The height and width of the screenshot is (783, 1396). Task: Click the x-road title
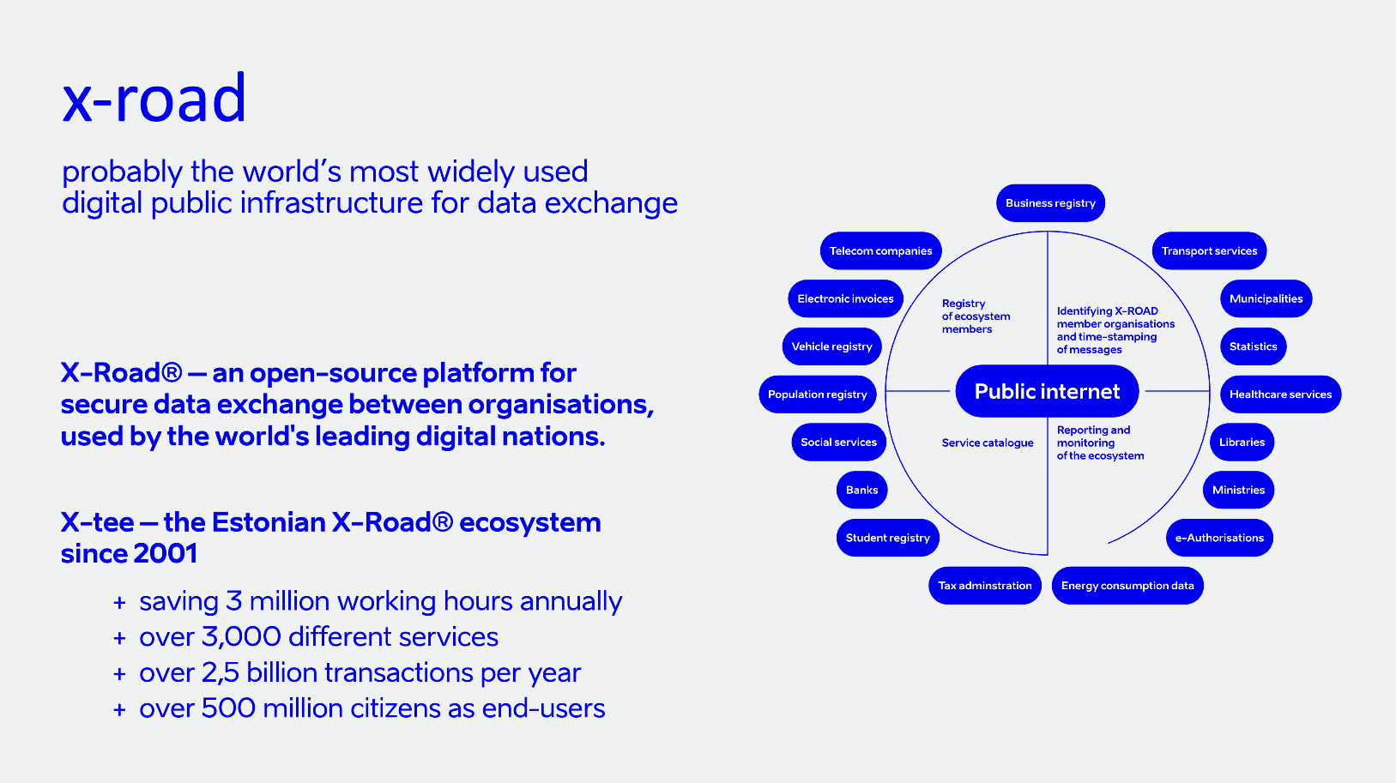pos(154,99)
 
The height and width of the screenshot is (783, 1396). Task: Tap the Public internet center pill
pos(1047,391)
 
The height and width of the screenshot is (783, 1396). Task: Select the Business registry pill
pos(1050,203)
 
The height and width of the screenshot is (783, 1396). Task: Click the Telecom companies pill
pos(880,251)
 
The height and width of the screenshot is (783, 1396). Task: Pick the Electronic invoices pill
pos(845,298)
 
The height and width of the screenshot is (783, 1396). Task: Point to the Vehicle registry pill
pos(831,346)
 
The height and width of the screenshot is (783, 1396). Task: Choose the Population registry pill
pos(817,395)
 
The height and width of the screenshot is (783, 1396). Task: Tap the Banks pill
pos(861,490)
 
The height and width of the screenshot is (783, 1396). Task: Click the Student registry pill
pos(887,538)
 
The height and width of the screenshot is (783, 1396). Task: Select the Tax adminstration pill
pos(984,586)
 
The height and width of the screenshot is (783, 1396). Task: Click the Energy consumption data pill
pos(1127,586)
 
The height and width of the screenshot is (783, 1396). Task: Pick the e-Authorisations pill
pos(1218,538)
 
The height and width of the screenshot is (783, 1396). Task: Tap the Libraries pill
pos(1242,443)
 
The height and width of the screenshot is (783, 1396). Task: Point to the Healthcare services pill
pos(1280,395)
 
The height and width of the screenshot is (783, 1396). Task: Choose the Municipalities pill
pos(1266,298)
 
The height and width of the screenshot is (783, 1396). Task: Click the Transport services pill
pos(1209,251)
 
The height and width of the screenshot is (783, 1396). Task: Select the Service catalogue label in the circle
pos(987,443)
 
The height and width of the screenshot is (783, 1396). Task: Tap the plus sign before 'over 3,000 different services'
pos(119,639)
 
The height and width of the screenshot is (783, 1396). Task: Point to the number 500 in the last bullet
pos(228,708)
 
